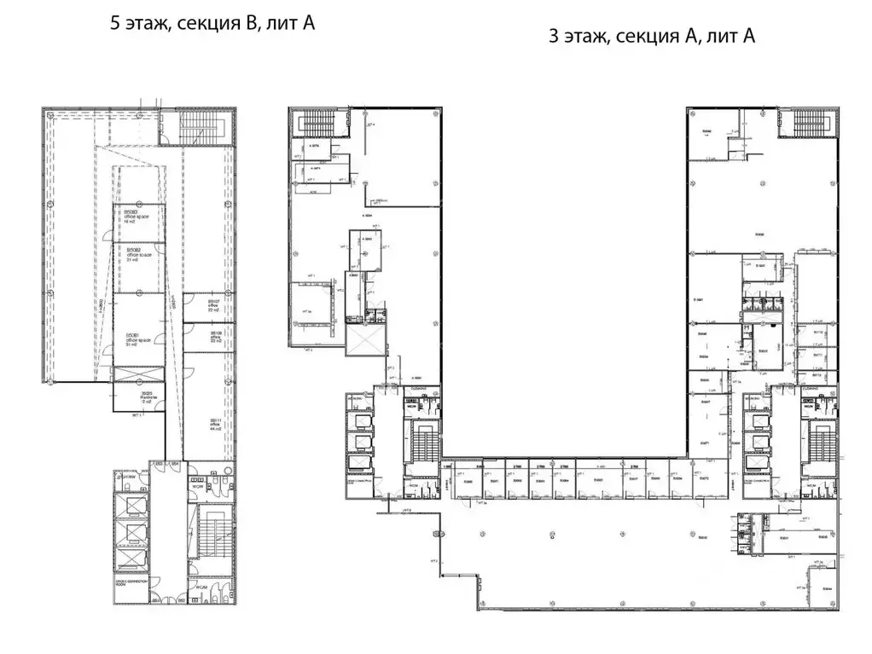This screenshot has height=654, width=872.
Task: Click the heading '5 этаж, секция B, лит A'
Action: point(212,23)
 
